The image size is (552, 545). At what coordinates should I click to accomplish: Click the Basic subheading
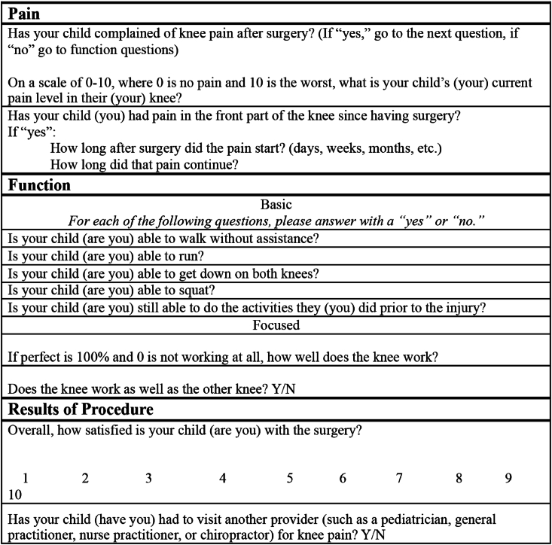[276, 205]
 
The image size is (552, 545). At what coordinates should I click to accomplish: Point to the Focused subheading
[276, 325]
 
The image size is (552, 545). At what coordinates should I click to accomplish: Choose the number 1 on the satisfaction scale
[26, 477]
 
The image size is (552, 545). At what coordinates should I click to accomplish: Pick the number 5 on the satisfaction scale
[289, 477]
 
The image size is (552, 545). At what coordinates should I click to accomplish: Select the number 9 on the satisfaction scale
[508, 477]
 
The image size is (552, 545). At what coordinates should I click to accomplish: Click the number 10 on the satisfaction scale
[15, 494]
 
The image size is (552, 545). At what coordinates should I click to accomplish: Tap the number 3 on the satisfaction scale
[148, 477]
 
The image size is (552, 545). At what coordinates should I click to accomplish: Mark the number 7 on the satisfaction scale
[399, 477]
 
